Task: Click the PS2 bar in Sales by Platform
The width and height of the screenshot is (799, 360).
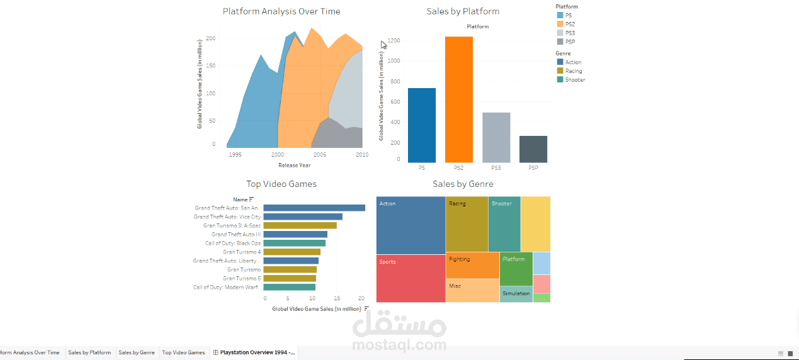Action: [x=459, y=99]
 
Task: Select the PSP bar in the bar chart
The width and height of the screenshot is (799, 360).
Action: [x=533, y=149]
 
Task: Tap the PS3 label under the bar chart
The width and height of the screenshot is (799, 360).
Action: [x=496, y=168]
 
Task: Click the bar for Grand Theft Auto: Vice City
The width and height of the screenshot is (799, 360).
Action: [x=303, y=217]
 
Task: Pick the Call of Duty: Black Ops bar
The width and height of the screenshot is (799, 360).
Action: [x=294, y=243]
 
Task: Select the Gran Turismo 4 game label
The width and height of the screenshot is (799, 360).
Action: [x=242, y=252]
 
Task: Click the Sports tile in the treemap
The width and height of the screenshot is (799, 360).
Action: [x=411, y=278]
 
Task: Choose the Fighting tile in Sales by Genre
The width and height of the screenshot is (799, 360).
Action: [x=472, y=265]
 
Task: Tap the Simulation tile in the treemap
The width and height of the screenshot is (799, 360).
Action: [x=516, y=294]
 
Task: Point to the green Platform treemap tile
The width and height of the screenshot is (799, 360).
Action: [x=516, y=269]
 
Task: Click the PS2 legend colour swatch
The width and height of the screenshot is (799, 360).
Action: [x=560, y=24]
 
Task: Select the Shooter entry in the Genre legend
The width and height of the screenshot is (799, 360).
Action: [x=575, y=80]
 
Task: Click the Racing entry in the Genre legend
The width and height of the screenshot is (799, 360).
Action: [x=573, y=71]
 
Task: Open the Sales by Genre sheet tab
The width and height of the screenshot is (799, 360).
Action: [x=137, y=352]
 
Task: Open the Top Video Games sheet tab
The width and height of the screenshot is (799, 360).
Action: [x=183, y=352]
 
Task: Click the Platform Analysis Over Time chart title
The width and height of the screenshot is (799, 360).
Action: [x=281, y=11]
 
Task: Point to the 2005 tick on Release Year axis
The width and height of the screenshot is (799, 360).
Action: [x=320, y=154]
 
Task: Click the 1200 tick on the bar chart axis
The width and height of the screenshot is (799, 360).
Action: [x=394, y=41]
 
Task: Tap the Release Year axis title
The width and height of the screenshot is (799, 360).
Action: [x=294, y=166]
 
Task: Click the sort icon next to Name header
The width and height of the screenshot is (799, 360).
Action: [x=251, y=200]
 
